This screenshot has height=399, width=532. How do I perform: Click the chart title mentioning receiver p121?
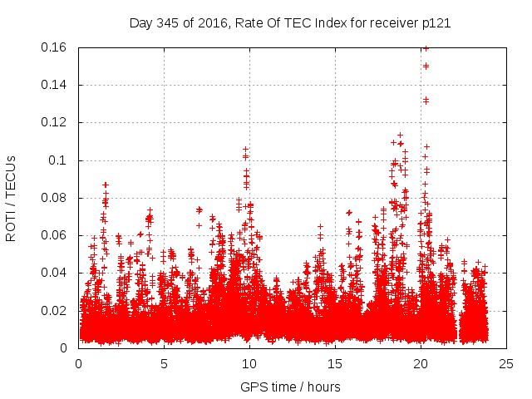click(x=290, y=22)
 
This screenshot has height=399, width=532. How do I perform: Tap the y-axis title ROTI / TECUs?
click(x=11, y=197)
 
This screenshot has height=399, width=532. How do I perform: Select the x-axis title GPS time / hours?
click(x=290, y=387)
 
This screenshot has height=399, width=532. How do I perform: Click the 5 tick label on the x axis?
click(x=164, y=363)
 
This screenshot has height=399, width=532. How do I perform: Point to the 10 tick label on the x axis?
click(x=249, y=363)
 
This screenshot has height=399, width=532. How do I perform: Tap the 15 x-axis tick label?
click(x=335, y=363)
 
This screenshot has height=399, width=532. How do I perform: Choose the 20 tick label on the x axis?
click(x=421, y=363)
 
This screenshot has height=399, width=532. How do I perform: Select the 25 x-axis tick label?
click(x=506, y=363)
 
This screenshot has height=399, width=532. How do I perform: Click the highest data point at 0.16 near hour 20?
click(x=426, y=48)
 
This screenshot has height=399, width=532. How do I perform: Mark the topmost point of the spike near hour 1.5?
click(x=105, y=185)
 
